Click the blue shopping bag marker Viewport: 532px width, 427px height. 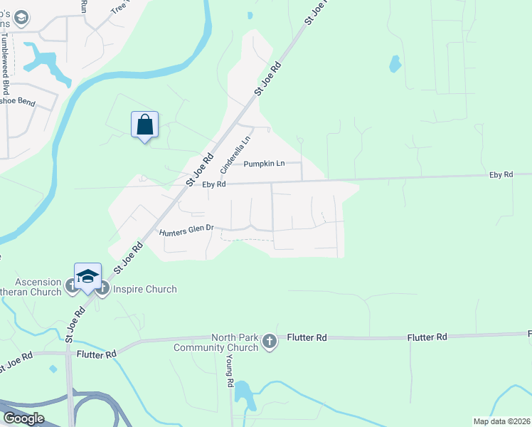click(x=144, y=125)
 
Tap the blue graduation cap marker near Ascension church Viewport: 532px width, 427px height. click(x=87, y=276)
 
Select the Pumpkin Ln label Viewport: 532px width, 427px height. click(x=264, y=164)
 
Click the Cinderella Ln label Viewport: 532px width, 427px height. click(x=235, y=155)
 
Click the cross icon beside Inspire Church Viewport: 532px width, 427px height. click(x=102, y=288)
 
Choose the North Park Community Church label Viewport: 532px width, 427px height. click(x=217, y=342)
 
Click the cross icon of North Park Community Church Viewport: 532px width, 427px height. click(x=269, y=342)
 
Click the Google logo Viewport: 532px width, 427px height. click(x=23, y=418)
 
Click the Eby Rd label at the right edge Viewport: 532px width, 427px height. click(x=501, y=174)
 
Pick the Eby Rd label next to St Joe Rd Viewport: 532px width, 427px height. click(x=213, y=184)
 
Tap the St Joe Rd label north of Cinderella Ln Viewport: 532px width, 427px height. click(x=268, y=78)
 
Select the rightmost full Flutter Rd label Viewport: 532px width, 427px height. click(x=427, y=337)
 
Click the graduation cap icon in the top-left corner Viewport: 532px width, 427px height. click(x=22, y=16)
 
